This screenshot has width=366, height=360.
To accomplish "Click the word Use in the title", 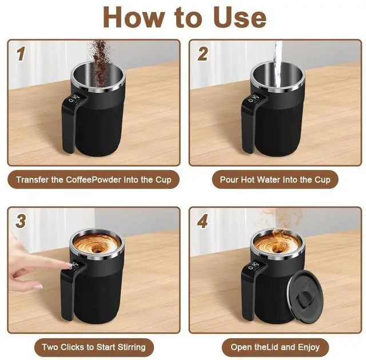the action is (240, 18).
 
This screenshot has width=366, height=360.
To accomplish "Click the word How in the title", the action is (134, 18).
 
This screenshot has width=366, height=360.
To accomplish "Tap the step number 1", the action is (21, 54).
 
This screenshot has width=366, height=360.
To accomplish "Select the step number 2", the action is (202, 54).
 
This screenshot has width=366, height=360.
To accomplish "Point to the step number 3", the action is (21, 221).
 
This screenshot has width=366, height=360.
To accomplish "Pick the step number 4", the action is (202, 221).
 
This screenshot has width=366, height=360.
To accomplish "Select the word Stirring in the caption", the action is (132, 347).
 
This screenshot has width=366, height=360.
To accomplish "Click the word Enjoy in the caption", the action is (309, 347).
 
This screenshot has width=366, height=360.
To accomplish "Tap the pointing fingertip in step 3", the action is (70, 265).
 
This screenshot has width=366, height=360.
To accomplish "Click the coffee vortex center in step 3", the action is (97, 250).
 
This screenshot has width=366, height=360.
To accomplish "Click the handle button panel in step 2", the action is (254, 99).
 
